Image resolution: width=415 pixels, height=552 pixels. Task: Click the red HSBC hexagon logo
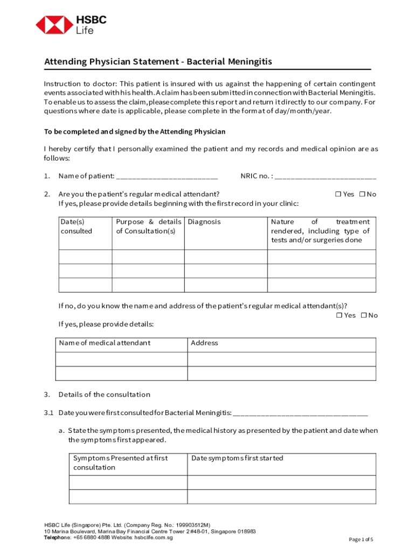(x=54, y=25)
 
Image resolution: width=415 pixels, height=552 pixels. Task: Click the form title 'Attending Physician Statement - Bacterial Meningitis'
(x=158, y=61)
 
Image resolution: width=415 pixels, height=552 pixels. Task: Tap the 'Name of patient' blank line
(x=167, y=176)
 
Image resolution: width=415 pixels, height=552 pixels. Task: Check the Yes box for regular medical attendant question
(x=338, y=194)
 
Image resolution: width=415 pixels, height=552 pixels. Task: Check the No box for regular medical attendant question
(x=362, y=194)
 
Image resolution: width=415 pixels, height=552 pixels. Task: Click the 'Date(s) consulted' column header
(x=76, y=226)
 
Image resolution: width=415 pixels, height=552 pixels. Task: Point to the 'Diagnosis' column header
(x=204, y=222)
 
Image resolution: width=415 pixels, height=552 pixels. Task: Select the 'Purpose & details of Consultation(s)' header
(x=148, y=226)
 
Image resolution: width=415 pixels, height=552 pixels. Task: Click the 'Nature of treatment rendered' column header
(x=320, y=231)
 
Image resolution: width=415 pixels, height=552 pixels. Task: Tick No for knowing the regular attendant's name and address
(x=364, y=315)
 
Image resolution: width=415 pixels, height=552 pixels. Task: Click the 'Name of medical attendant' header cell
(x=105, y=343)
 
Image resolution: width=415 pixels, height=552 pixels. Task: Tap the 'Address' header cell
(x=204, y=343)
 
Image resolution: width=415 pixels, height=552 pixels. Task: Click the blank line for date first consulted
(x=300, y=413)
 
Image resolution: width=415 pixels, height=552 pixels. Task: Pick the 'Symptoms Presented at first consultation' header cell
(x=120, y=463)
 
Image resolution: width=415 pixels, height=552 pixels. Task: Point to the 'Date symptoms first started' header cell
(x=237, y=458)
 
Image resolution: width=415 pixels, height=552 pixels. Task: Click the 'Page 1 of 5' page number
(x=361, y=540)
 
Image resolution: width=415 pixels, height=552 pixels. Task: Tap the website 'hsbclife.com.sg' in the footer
(x=154, y=537)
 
